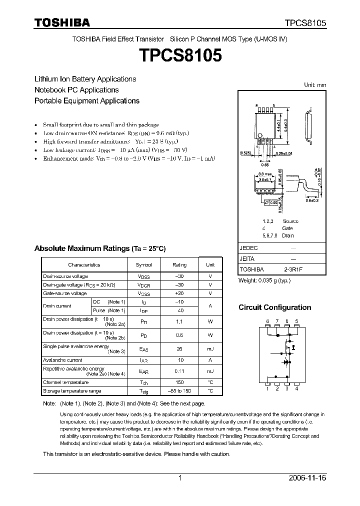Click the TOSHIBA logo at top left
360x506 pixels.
pyautogui.click(x=62, y=22)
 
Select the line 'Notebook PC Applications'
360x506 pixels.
pyautogui.click(x=76, y=90)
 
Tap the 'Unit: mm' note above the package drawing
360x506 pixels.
pyautogui.click(x=315, y=85)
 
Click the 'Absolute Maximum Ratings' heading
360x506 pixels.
pyautogui.click(x=99, y=248)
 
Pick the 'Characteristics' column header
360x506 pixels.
pyautogui.click(x=84, y=265)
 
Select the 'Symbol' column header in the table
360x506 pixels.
pyautogui.click(x=143, y=265)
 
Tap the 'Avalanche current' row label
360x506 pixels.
pyautogui.click(x=62, y=360)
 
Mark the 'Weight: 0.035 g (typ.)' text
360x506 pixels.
pyautogui.click(x=264, y=280)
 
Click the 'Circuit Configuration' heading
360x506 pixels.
pyautogui.click(x=274, y=307)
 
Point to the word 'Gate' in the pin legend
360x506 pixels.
pyautogui.click(x=287, y=228)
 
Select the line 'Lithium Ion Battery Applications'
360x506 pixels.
pyautogui.click(x=85, y=79)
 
